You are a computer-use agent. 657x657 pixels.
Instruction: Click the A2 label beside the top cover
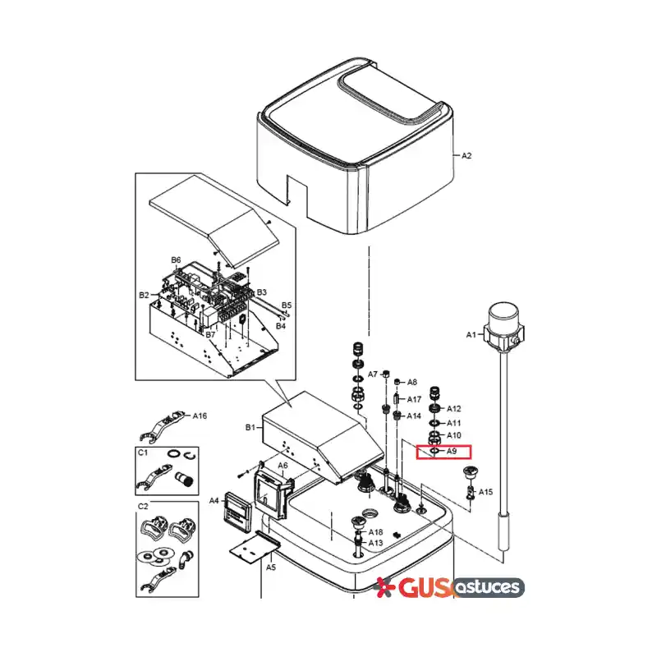(x=466, y=155)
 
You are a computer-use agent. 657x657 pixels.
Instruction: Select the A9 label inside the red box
(x=451, y=451)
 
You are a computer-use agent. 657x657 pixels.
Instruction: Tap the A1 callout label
(x=471, y=335)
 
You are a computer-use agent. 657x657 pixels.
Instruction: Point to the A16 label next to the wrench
(x=200, y=416)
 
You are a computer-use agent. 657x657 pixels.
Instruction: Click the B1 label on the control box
(x=250, y=427)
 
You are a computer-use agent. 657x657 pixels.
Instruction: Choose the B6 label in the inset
(x=176, y=260)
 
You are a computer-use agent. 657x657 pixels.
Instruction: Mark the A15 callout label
(x=485, y=492)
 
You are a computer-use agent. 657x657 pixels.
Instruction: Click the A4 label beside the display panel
(x=214, y=500)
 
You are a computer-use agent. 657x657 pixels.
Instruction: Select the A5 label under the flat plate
(x=271, y=567)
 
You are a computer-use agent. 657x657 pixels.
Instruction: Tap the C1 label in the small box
(x=143, y=453)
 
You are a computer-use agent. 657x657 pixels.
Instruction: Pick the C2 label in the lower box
(x=143, y=506)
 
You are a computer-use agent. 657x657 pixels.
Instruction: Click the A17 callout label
(x=414, y=399)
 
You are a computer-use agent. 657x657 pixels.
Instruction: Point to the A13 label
(x=375, y=543)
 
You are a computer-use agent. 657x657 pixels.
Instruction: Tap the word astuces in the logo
(x=489, y=587)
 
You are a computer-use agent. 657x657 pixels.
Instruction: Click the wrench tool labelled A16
(x=161, y=426)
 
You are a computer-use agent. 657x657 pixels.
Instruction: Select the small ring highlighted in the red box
(x=434, y=451)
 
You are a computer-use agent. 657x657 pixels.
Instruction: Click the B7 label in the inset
(x=210, y=334)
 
